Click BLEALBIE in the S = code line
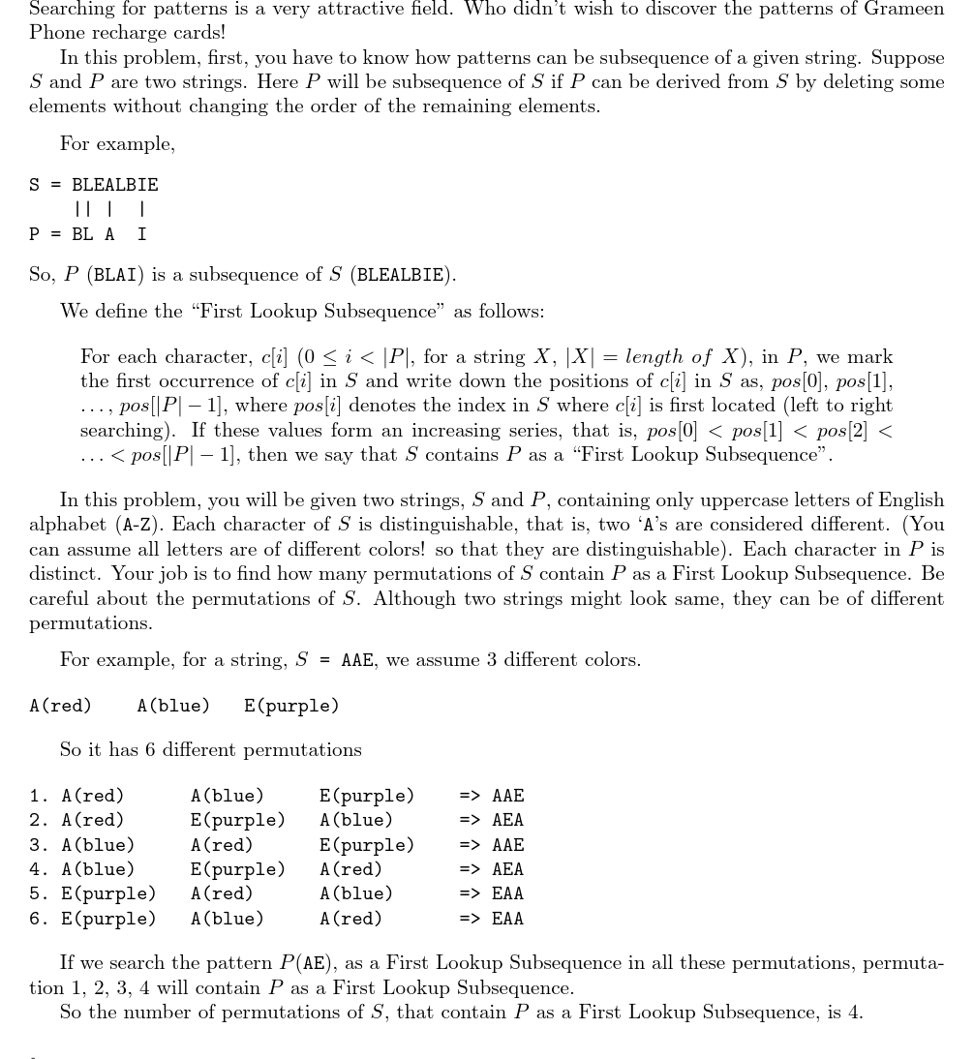pos(114,185)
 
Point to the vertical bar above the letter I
pos(142,209)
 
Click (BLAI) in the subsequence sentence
pos(116,275)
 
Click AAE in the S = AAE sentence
pos(357,660)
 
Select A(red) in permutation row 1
pos(93,796)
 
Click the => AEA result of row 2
pos(492,821)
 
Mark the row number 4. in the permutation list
pos(40,869)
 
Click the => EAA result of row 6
pos(492,919)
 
